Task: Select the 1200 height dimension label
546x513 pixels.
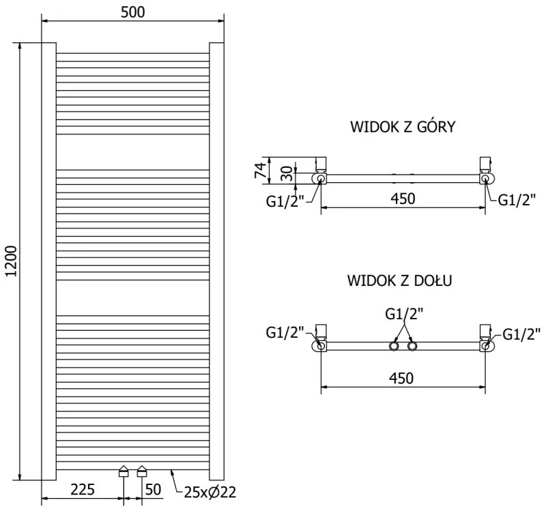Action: click(10, 261)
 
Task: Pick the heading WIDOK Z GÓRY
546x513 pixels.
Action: click(403, 127)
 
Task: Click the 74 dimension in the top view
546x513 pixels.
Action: click(260, 170)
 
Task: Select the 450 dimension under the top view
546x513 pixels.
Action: click(403, 198)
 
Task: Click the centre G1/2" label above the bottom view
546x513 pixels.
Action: click(404, 314)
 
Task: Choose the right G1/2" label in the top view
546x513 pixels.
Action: click(517, 199)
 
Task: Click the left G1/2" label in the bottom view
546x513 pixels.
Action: click(285, 334)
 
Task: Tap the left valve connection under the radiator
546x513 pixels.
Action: click(124, 471)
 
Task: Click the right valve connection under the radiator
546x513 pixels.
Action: click(142, 471)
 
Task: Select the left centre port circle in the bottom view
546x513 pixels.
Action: click(394, 347)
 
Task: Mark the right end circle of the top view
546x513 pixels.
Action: click(485, 179)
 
